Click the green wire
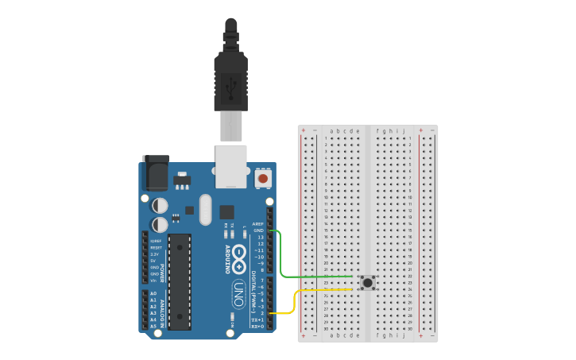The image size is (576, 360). pyautogui.click(x=318, y=277)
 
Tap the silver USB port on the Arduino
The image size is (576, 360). pyautogui.click(x=230, y=167)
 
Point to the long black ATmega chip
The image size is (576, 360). pyautogui.click(x=180, y=281)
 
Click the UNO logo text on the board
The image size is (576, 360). pyautogui.click(x=238, y=293)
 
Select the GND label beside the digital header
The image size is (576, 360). pyautogui.click(x=258, y=230)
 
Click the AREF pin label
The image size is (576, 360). pyautogui.click(x=257, y=224)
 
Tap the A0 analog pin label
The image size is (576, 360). pyautogui.click(x=153, y=293)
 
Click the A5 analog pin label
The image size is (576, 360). pyautogui.click(x=153, y=326)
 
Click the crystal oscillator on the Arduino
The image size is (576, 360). pyautogui.click(x=207, y=210)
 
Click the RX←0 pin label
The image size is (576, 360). pyautogui.click(x=257, y=326)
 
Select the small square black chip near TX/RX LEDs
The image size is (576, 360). pyautogui.click(x=227, y=212)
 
